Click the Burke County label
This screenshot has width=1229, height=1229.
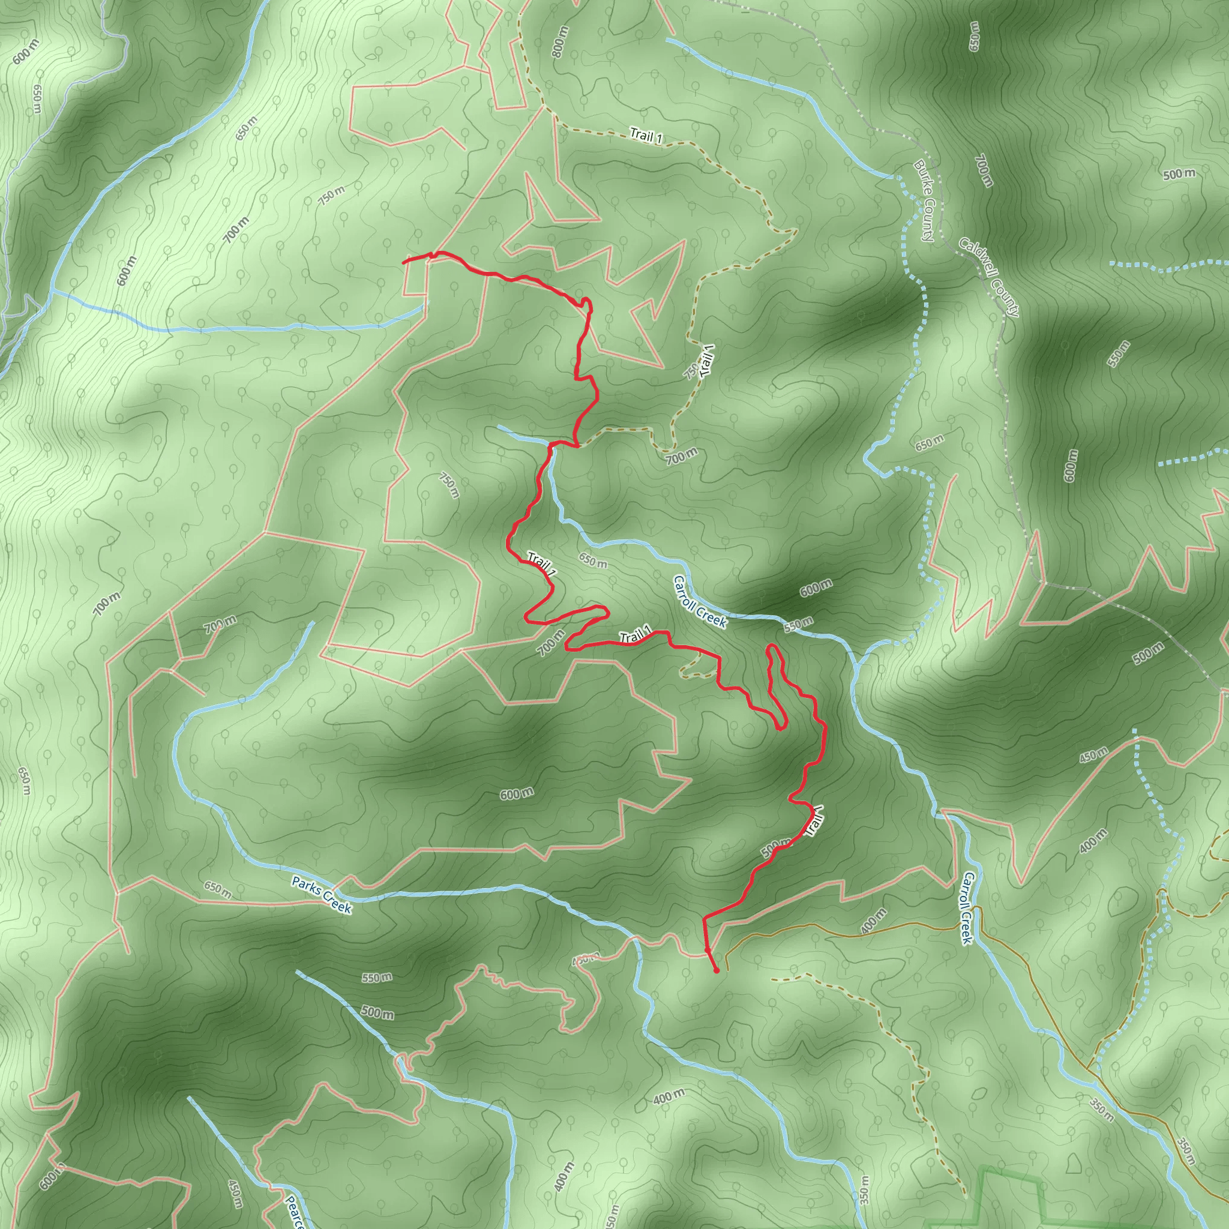(x=923, y=200)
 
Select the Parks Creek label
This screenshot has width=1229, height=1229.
(x=321, y=894)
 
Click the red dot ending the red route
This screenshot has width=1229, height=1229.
(x=717, y=972)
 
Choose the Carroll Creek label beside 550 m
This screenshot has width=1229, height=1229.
(x=700, y=602)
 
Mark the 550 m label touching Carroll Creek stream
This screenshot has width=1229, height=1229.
(x=798, y=625)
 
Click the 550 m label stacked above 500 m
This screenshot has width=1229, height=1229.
(x=377, y=978)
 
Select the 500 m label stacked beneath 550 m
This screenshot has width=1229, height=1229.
(x=377, y=1011)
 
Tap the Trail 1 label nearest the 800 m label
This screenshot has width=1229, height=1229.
(x=646, y=135)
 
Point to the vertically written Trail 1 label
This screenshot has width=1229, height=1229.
(x=708, y=361)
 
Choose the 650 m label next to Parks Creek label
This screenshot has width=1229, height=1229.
(x=218, y=889)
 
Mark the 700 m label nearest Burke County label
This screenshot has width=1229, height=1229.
(x=983, y=170)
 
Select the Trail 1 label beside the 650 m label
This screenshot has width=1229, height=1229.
(x=542, y=565)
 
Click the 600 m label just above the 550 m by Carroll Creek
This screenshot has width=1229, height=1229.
(x=816, y=589)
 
